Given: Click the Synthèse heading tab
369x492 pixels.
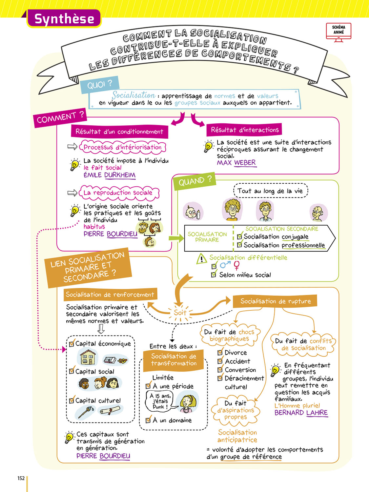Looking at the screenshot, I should tap(64, 19).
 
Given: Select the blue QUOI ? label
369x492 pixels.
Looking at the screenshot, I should tap(99, 85).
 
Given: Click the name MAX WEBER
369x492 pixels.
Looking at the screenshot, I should tap(236, 163).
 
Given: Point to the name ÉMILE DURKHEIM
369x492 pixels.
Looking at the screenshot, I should tap(109, 175).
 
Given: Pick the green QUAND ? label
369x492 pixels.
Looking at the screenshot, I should tap(195, 181).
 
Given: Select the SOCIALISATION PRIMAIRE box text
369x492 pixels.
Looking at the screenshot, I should tap(207, 237).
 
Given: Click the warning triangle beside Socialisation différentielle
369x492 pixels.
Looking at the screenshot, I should tap(201, 259).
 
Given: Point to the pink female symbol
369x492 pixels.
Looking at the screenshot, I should tap(236, 265).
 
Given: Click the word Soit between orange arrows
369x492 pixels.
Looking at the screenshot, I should tap(180, 313).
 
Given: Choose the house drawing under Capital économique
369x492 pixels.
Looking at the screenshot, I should tap(88, 357).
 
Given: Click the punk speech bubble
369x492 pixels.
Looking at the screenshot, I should tap(160, 401).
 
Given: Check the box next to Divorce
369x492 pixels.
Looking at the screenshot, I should tap(220, 353).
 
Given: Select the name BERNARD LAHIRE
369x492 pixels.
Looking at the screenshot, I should tap(301, 413).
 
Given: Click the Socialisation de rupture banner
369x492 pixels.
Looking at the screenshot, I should tap(275, 301).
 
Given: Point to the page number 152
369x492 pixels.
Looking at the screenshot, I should tap(21, 478).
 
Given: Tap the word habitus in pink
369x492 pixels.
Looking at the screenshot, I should tap(94, 227).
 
